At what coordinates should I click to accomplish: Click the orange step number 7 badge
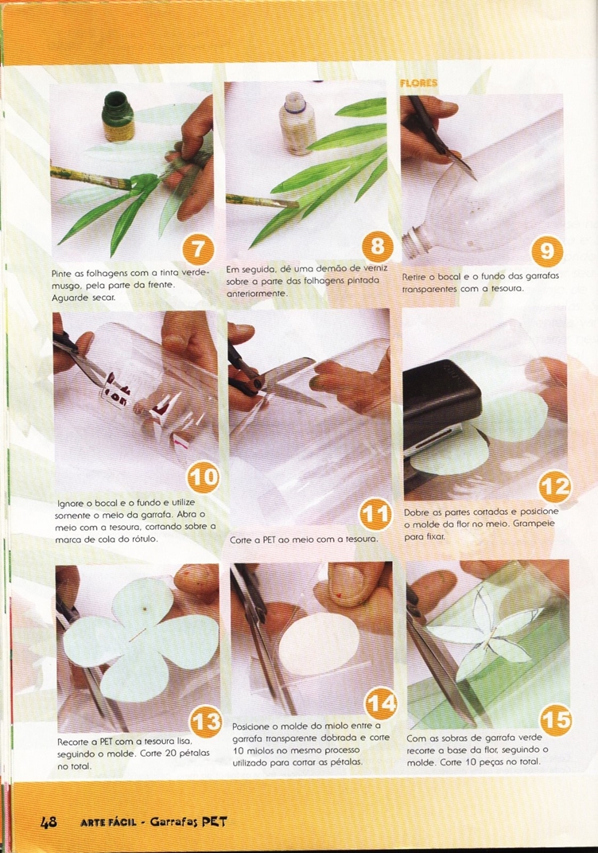(x=199, y=250)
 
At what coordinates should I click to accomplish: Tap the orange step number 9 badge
(x=546, y=250)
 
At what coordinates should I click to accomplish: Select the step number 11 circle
(x=375, y=513)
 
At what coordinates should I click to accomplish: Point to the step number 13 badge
(x=207, y=722)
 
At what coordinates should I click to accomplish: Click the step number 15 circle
(x=556, y=720)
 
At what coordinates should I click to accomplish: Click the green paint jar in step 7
(x=118, y=116)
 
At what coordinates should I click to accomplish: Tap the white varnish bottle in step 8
(x=297, y=123)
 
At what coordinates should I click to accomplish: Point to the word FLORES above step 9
(x=418, y=84)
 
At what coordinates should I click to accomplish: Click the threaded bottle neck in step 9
(x=417, y=247)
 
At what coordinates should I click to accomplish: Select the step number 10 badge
(x=204, y=477)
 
